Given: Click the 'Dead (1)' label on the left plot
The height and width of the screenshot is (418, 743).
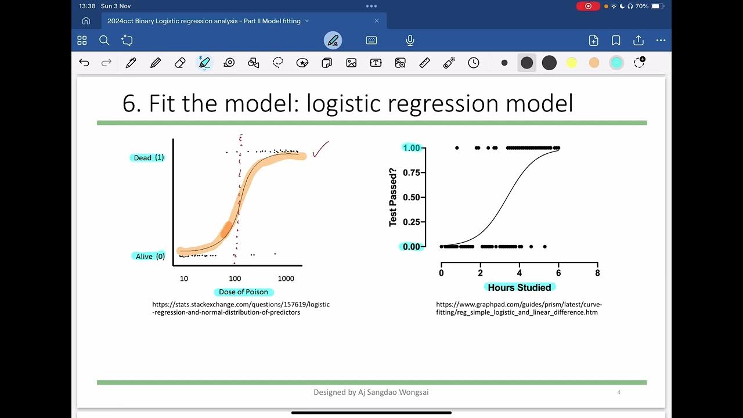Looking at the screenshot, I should pyautogui.click(x=148, y=157).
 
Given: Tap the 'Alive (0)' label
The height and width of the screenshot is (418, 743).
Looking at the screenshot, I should pyautogui.click(x=149, y=256).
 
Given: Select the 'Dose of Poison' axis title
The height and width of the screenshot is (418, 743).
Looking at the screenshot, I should pyautogui.click(x=243, y=291).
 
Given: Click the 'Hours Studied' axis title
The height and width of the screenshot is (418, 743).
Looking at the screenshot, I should pyautogui.click(x=519, y=287).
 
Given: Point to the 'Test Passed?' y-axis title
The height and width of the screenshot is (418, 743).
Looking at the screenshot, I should pyautogui.click(x=393, y=197).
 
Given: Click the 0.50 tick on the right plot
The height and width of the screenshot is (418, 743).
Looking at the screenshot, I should pyautogui.click(x=411, y=197).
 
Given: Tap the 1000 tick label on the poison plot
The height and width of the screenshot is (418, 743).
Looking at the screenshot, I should pyautogui.click(x=286, y=279).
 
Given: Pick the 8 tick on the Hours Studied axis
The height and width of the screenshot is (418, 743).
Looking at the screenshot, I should pyautogui.click(x=597, y=273).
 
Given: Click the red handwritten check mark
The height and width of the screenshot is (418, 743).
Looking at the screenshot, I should pyautogui.click(x=320, y=149).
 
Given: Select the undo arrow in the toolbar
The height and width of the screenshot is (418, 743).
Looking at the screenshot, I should pyautogui.click(x=84, y=63).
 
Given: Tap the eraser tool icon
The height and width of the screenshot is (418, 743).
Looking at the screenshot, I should pyautogui.click(x=180, y=63).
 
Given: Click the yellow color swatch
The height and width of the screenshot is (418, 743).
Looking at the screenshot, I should pyautogui.click(x=571, y=63).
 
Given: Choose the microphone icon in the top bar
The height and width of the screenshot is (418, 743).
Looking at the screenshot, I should pyautogui.click(x=410, y=40).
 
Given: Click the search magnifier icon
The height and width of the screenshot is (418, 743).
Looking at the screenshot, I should pyautogui.click(x=104, y=40).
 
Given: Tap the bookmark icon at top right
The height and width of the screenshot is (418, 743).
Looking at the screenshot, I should pyautogui.click(x=616, y=40).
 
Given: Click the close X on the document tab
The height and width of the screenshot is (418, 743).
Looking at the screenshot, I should pyautogui.click(x=376, y=21).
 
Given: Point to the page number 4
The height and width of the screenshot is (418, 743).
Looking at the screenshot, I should pyautogui.click(x=619, y=392).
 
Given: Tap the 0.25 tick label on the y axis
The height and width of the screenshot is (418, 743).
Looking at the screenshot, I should pyautogui.click(x=411, y=222).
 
